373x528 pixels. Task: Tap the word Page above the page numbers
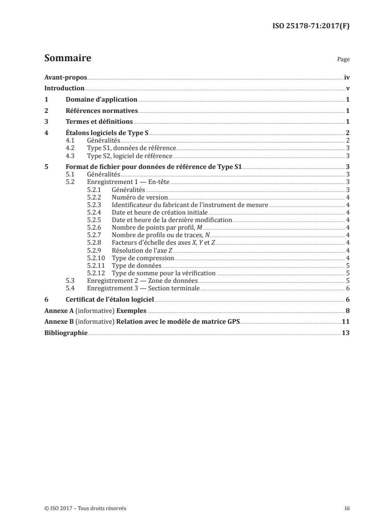click(x=343, y=60)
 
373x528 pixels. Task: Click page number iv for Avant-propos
click(x=346, y=77)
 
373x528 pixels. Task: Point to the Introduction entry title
click(x=64, y=88)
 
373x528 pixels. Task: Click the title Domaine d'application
click(x=101, y=99)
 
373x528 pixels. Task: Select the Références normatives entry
click(x=102, y=111)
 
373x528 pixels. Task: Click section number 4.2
click(x=70, y=148)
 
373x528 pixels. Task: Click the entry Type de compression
click(x=143, y=258)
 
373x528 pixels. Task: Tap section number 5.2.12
click(x=97, y=272)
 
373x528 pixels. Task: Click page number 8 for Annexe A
click(x=347, y=311)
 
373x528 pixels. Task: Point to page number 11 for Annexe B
click(x=346, y=321)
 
